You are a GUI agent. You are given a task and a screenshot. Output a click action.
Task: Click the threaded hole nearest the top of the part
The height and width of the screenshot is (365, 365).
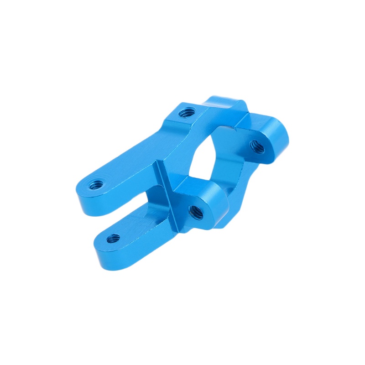pos(186,112)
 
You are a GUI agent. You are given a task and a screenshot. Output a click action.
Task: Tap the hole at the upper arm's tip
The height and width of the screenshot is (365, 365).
pos(96,185)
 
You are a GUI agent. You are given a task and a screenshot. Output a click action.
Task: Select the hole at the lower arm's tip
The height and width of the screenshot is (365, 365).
pos(114,238)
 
